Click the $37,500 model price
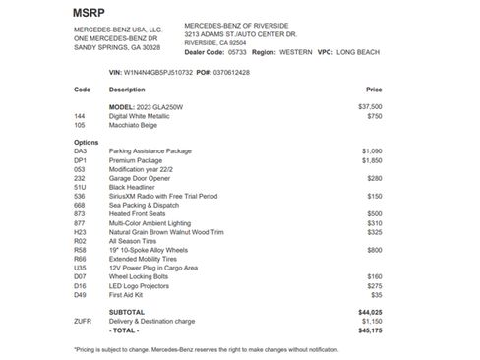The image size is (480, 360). coord(370,106)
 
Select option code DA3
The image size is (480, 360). coord(81,150)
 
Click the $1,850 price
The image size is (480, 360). coord(372,159)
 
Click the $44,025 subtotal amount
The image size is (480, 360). coord(370,311)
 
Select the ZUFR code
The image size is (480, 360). coord(83,321)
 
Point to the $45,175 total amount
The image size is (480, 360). coord(370,330)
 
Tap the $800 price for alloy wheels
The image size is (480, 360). coord(374,250)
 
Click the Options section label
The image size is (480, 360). coord(87,142)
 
